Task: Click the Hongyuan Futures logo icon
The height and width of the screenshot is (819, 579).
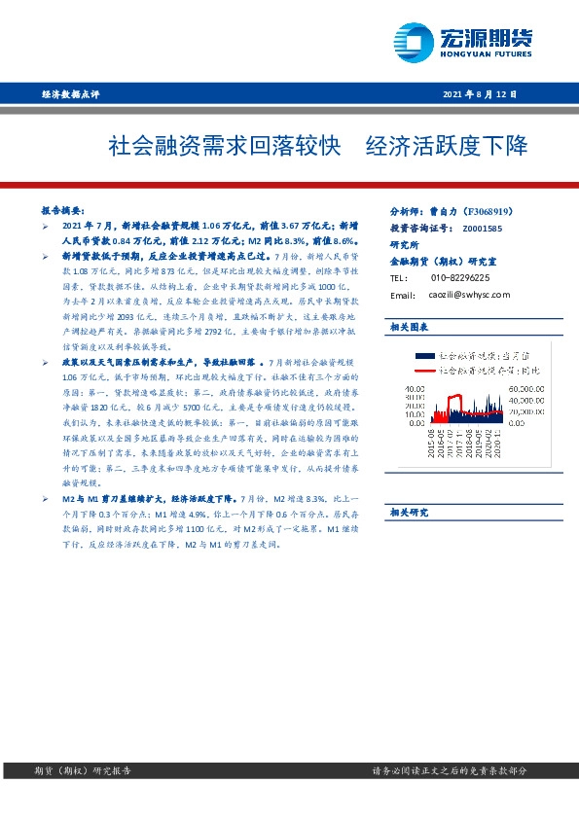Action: [413, 42]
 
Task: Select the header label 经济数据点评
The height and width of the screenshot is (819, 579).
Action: [71, 94]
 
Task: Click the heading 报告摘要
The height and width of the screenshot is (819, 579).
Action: [62, 209]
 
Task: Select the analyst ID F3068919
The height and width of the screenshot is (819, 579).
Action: [495, 211]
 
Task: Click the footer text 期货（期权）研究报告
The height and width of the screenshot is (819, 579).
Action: [75, 770]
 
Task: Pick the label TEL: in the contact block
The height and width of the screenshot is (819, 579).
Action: [398, 277]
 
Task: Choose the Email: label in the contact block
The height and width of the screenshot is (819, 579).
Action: [403, 295]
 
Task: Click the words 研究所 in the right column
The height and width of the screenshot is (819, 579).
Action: [403, 244]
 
